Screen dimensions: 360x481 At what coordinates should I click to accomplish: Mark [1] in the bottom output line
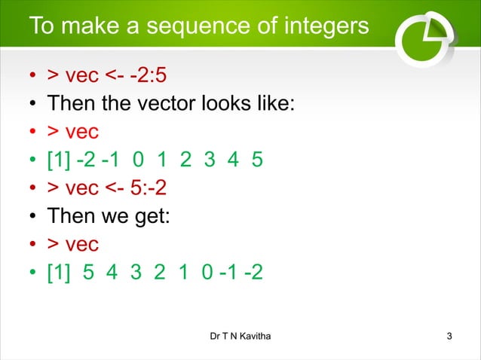(x=60, y=272)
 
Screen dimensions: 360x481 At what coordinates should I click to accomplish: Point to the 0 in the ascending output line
(x=136, y=160)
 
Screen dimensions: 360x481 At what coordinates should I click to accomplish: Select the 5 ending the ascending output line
(x=258, y=160)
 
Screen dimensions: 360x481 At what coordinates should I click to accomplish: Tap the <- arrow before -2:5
(x=124, y=77)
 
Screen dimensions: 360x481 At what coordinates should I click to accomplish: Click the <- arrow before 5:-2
(x=124, y=188)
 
